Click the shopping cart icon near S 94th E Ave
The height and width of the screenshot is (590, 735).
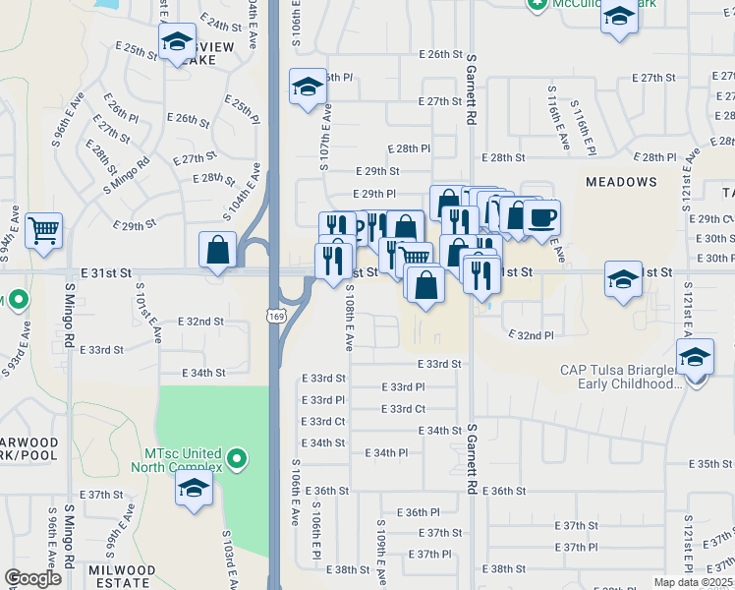pos(44,231)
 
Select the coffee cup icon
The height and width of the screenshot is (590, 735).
pos(540,216)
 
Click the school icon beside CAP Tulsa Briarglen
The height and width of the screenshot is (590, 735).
pos(695,357)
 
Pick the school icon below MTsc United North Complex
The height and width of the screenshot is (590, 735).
pos(195,489)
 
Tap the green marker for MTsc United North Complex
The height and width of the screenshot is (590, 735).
pos(236,459)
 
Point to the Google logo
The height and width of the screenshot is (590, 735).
pos(32,578)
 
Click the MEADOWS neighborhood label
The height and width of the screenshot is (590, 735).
pos(621,182)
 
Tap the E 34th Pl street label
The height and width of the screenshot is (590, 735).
pos(385,452)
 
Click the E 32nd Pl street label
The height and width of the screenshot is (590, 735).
pos(531,335)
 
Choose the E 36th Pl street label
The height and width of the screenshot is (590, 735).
pos(419,512)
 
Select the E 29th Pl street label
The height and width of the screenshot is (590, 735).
pos(374,194)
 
